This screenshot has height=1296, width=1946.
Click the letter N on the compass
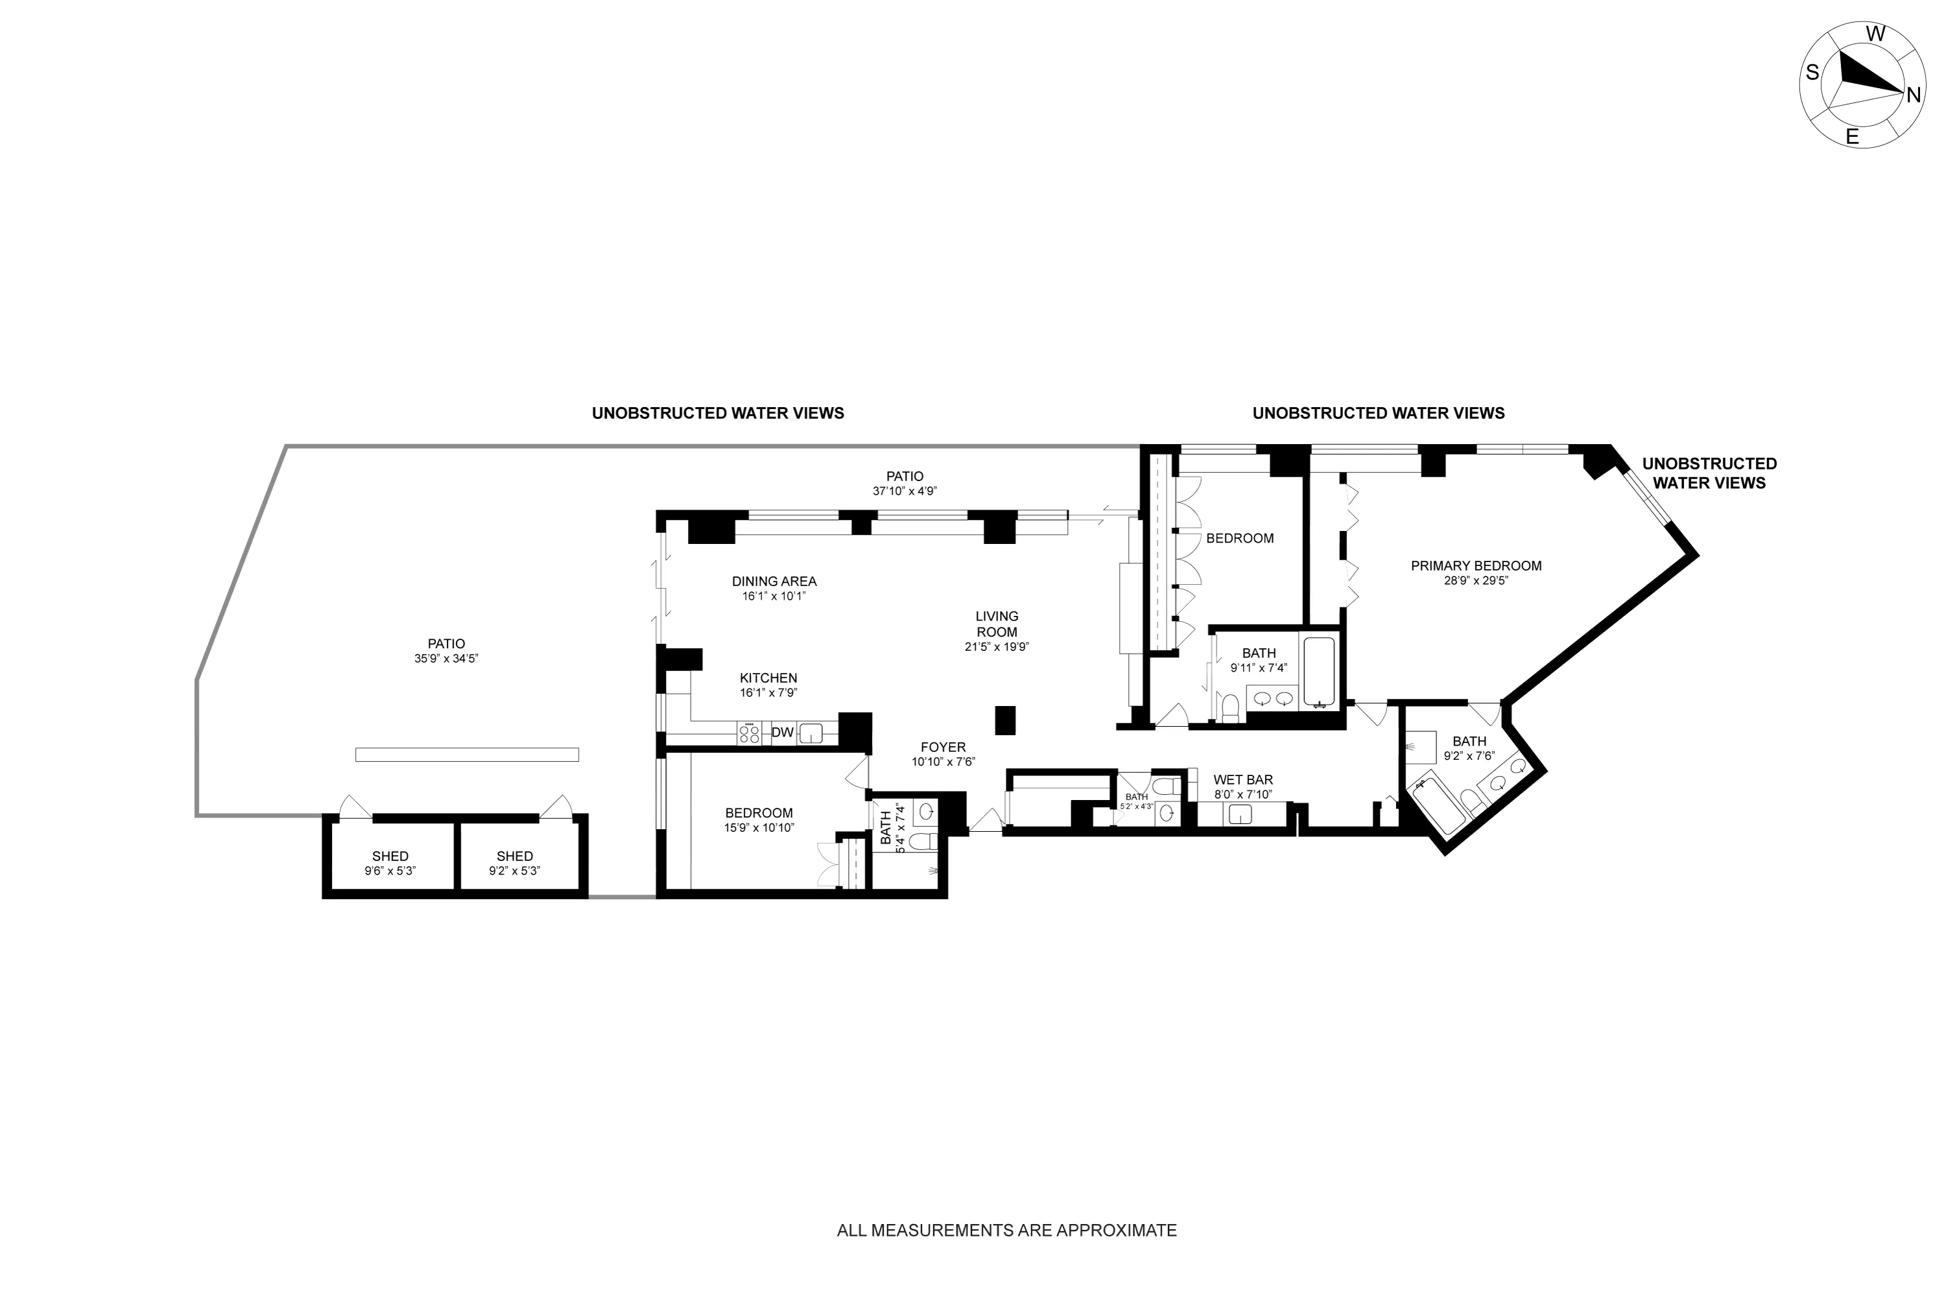point(1913,95)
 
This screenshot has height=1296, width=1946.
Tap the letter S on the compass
point(1811,73)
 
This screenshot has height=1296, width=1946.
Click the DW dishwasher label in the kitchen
point(781,733)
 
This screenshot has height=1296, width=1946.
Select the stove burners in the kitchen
point(749,733)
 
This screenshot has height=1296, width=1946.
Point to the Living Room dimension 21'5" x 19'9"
point(996,647)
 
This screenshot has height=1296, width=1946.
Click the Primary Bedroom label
point(1476,566)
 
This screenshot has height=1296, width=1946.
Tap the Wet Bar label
point(1242,779)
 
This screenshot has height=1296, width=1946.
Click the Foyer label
point(942,747)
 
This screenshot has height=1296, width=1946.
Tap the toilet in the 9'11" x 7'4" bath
point(1230,709)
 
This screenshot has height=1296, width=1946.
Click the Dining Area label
point(774,581)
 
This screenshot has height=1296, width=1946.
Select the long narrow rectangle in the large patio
point(466,755)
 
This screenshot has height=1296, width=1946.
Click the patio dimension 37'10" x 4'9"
point(905,491)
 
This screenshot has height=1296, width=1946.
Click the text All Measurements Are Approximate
point(1006,1230)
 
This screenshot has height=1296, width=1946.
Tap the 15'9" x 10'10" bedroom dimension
point(758,827)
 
